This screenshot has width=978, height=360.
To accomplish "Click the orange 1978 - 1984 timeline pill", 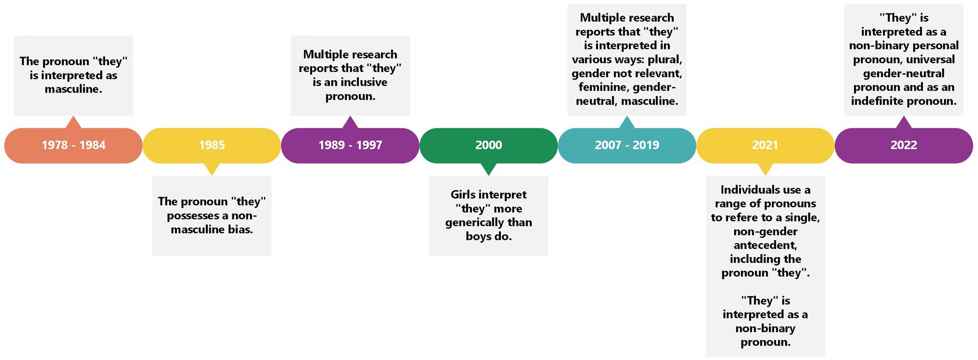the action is pyautogui.click(x=74, y=146).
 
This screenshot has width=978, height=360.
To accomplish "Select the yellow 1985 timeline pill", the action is pyautogui.click(x=212, y=146).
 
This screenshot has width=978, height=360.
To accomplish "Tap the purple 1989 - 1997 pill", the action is pyautogui.click(x=350, y=146).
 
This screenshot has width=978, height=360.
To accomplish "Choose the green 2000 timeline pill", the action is pyautogui.click(x=488, y=146).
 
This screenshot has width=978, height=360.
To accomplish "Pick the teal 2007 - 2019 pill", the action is pyautogui.click(x=627, y=146).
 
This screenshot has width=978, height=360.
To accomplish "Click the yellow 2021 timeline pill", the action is pyautogui.click(x=765, y=146).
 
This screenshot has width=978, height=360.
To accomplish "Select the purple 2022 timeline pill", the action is pyautogui.click(x=903, y=146).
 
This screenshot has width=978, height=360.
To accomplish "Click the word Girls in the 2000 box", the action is pyautogui.click(x=463, y=195).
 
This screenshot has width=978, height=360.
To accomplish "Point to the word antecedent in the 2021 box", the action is pyautogui.click(x=765, y=245).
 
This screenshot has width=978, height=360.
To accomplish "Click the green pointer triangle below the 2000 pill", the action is pyautogui.click(x=488, y=169).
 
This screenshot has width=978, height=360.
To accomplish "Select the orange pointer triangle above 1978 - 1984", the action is pyautogui.click(x=74, y=122).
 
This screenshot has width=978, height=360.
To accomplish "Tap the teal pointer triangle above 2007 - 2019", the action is pyautogui.click(x=627, y=122).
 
